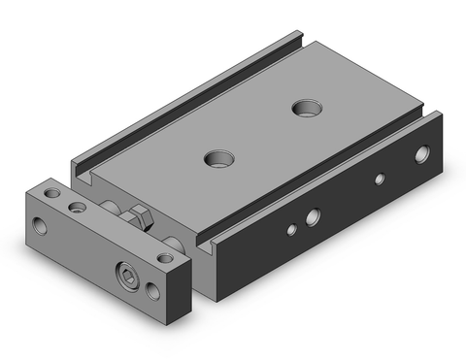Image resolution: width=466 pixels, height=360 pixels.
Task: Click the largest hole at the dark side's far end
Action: tap(420, 153)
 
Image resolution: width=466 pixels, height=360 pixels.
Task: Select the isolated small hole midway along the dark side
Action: tap(380, 179)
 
